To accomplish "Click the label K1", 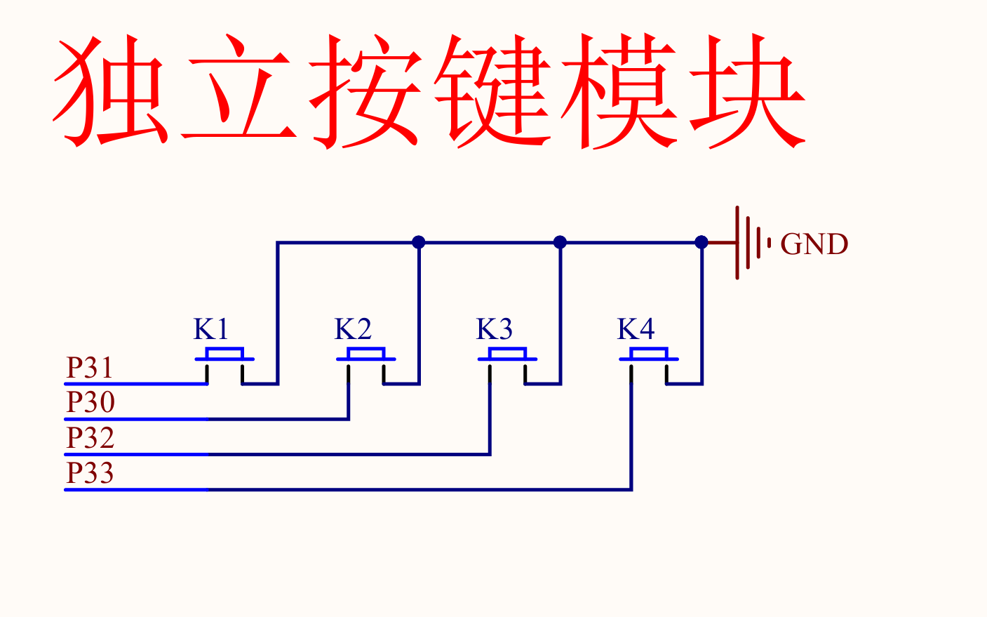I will pos(211,329).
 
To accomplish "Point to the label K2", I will pos(353,329).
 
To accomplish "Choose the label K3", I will pos(495,329).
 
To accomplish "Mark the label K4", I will pos(636,329).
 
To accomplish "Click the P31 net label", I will pos(90,368).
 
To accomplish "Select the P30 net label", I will pos(90,402).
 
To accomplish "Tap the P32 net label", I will pos(90,437).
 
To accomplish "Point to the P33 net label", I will pos(90,472).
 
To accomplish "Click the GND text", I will pos(814,244).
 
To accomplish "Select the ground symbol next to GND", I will pos(750,243).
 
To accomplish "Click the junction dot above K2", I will pos(419,242).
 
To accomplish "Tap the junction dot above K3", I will pos(560,242).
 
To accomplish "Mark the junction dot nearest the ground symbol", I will pos(701,242).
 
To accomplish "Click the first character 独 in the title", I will pos(112,91).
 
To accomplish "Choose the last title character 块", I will pos(747,91).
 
